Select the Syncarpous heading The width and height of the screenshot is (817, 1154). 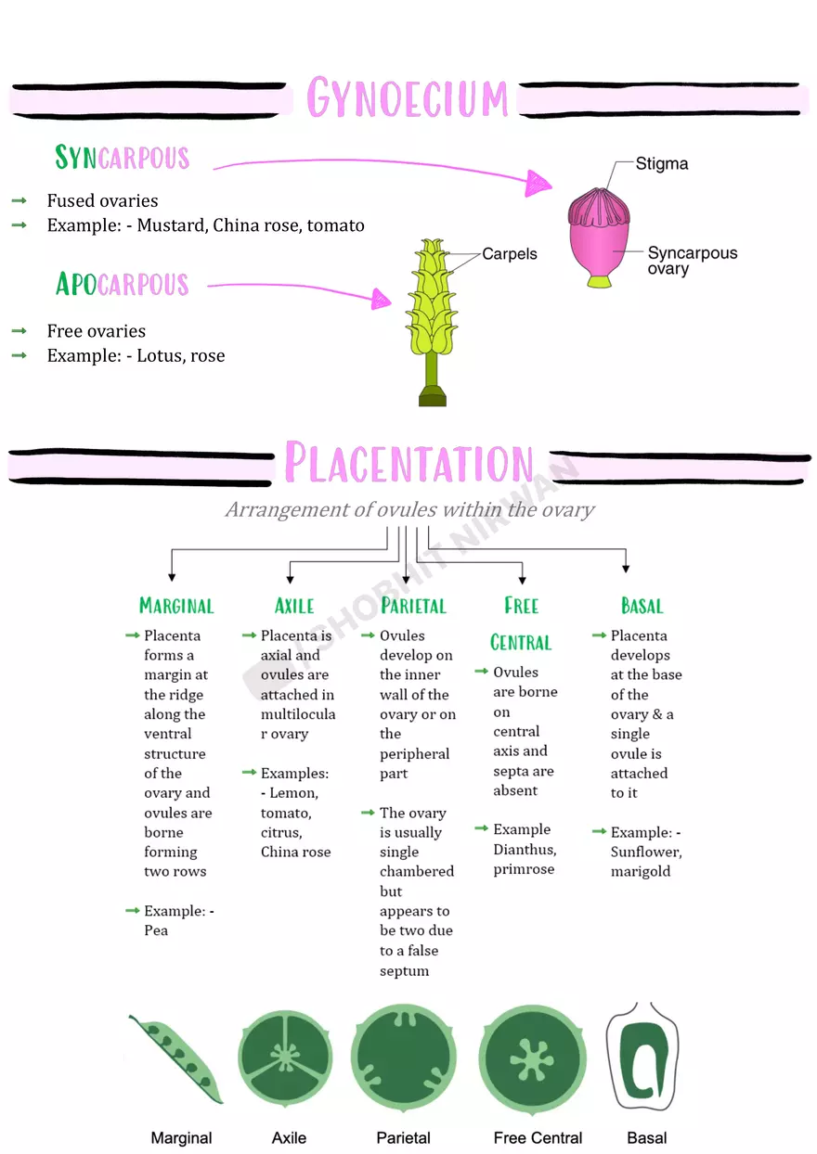pyautogui.click(x=122, y=158)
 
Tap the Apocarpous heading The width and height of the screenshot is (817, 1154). pyautogui.click(x=122, y=284)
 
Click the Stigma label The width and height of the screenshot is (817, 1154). pyautogui.click(x=661, y=164)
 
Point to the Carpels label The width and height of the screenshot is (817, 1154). pyautogui.click(x=509, y=253)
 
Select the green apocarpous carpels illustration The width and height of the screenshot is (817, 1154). pyautogui.click(x=432, y=306)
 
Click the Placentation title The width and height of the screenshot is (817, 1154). pyautogui.click(x=408, y=463)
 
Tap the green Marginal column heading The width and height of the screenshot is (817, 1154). pyautogui.click(x=176, y=607)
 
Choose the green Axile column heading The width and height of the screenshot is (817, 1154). pyautogui.click(x=294, y=607)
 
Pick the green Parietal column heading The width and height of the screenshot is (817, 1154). pyautogui.click(x=413, y=607)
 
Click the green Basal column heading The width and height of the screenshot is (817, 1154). pyautogui.click(x=642, y=607)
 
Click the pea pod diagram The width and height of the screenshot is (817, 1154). pyautogui.click(x=176, y=1058)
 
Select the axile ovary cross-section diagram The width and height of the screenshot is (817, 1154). pyautogui.click(x=285, y=1057)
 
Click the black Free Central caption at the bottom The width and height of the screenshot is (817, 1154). pyautogui.click(x=538, y=1137)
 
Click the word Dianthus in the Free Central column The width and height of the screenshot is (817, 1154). pyautogui.click(x=524, y=850)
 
